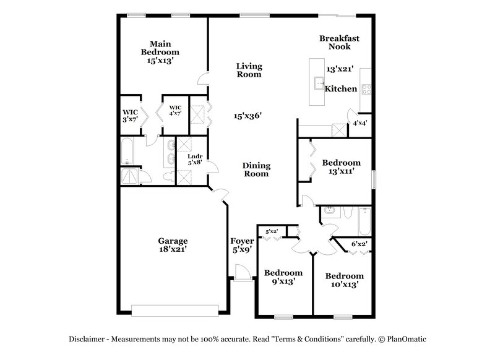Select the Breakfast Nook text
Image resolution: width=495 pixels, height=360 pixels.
coord(339,42)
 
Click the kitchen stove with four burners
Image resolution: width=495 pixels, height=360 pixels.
coord(365,88)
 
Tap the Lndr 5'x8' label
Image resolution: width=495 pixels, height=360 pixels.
coord(196,160)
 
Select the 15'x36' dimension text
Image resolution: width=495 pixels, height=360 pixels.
coord(248,116)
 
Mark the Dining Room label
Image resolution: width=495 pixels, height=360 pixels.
coord(256,169)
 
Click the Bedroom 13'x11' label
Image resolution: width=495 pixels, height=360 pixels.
coord(341,167)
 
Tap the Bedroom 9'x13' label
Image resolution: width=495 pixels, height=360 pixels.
coord(283,276)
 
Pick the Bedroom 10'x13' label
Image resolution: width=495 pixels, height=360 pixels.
coord(344,280)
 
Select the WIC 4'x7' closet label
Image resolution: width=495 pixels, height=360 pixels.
coord(175,111)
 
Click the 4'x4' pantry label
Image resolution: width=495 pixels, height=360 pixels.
coord(359,123)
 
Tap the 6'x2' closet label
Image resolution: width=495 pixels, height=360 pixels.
coord(359,244)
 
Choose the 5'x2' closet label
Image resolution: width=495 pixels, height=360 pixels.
coord(272,231)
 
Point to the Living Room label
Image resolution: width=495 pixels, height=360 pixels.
coord(249,70)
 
